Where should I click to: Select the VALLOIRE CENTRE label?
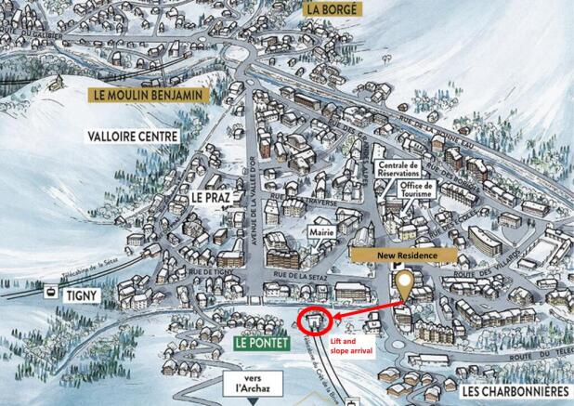click(138, 136)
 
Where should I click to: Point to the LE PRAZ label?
click(211, 198)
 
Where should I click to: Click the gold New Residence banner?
click(402, 254)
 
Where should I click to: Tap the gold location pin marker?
click(404, 284)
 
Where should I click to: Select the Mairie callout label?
click(320, 226)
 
